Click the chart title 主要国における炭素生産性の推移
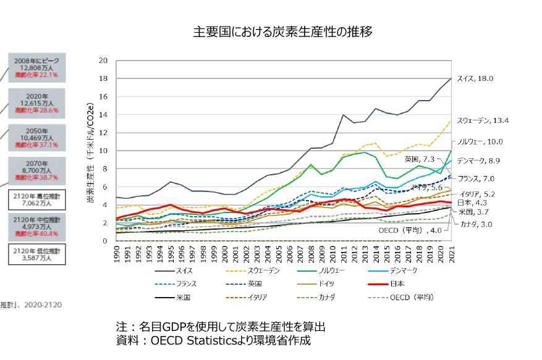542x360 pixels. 283,31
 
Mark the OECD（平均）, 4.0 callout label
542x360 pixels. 410,230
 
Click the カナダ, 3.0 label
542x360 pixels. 476,224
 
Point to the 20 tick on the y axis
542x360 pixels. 103,61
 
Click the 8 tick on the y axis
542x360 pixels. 105,169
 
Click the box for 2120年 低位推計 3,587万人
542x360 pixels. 35,254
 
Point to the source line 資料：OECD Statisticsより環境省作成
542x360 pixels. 213,340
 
